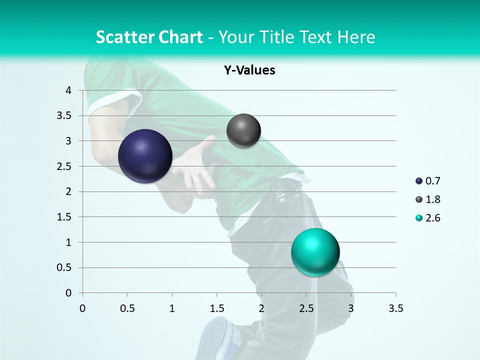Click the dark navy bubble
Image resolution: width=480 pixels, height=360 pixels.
pyautogui.click(x=145, y=156)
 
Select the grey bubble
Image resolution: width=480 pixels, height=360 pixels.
pyautogui.click(x=243, y=130)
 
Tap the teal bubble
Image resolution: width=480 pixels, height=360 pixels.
pyautogui.click(x=315, y=252)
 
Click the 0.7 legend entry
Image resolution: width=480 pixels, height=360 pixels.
pyautogui.click(x=428, y=181)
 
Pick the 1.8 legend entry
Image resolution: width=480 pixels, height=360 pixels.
pyautogui.click(x=428, y=199)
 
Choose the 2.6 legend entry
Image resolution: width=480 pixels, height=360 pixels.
pyautogui.click(x=428, y=218)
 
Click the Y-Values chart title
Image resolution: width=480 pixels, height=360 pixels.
pyautogui.click(x=249, y=70)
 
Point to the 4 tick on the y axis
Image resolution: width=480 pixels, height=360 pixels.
pyautogui.click(x=68, y=90)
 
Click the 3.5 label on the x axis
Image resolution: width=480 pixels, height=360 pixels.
pyautogui.click(x=395, y=308)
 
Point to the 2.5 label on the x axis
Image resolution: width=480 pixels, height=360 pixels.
pyautogui.click(x=306, y=308)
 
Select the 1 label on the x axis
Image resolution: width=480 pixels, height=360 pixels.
pyautogui.click(x=172, y=308)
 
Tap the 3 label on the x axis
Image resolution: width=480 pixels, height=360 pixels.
pyautogui.click(x=351, y=308)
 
